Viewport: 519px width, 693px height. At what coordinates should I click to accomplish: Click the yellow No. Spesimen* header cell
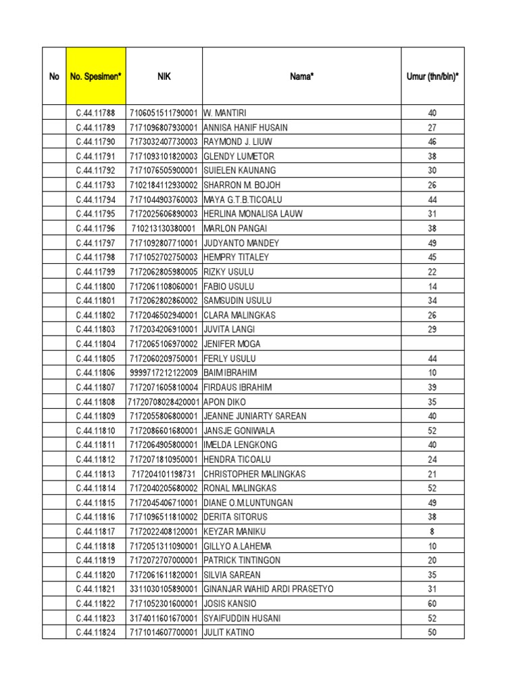(95, 76)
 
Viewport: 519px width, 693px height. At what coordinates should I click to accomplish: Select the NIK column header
(164, 76)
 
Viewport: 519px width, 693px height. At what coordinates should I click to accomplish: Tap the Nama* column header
(301, 76)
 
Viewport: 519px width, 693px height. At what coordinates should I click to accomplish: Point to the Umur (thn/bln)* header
(432, 76)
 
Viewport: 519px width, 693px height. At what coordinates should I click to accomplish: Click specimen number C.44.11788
(95, 113)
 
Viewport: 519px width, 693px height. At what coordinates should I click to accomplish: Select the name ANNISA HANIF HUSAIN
(245, 127)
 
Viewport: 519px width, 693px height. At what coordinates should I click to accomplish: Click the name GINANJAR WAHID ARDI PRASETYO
(268, 589)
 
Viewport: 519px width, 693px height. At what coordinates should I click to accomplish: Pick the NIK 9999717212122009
(164, 373)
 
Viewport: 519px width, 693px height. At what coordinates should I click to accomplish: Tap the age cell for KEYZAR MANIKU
(432, 531)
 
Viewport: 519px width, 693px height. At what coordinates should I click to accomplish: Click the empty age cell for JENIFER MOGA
(432, 344)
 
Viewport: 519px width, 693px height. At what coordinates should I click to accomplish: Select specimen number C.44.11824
(95, 633)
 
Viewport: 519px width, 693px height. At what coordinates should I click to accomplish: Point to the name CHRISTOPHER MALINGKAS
(254, 474)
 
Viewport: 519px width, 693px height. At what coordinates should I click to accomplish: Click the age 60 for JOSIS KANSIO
(432, 604)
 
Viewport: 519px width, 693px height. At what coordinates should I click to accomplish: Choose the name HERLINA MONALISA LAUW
(253, 214)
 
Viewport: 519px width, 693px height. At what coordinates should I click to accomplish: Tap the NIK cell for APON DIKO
(164, 401)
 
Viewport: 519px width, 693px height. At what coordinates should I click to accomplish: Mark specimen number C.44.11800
(95, 286)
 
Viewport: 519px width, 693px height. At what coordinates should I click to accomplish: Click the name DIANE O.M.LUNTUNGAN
(248, 503)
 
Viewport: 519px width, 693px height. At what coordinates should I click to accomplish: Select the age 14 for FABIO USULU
(432, 286)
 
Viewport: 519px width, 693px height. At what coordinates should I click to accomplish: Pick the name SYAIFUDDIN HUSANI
(242, 618)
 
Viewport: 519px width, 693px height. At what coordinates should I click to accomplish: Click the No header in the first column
(54, 76)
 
